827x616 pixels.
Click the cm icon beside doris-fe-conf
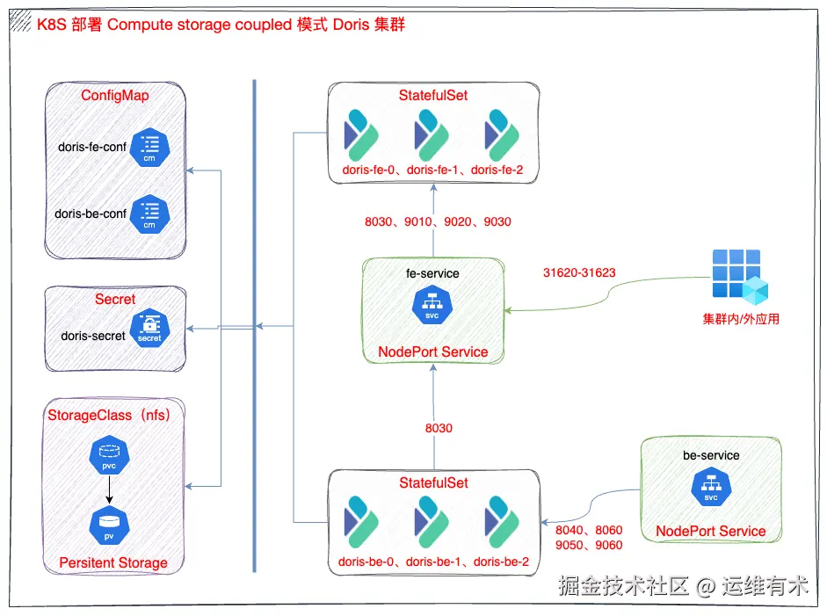(x=149, y=149)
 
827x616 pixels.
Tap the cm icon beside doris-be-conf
(x=149, y=214)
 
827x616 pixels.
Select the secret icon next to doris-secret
(x=149, y=329)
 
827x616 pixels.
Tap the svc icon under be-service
(x=711, y=487)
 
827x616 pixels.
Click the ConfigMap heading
(x=115, y=95)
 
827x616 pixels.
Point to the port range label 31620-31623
(x=579, y=272)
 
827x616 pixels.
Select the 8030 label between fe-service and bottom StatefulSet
(x=439, y=428)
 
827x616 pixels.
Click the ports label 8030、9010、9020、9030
(x=438, y=221)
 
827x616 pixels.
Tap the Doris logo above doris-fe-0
(x=360, y=134)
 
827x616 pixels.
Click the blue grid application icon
(x=740, y=275)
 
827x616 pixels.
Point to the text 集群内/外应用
(x=740, y=319)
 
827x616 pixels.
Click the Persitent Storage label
(x=113, y=562)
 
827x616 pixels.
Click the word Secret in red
(x=115, y=299)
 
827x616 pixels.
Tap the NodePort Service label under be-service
(x=711, y=531)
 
